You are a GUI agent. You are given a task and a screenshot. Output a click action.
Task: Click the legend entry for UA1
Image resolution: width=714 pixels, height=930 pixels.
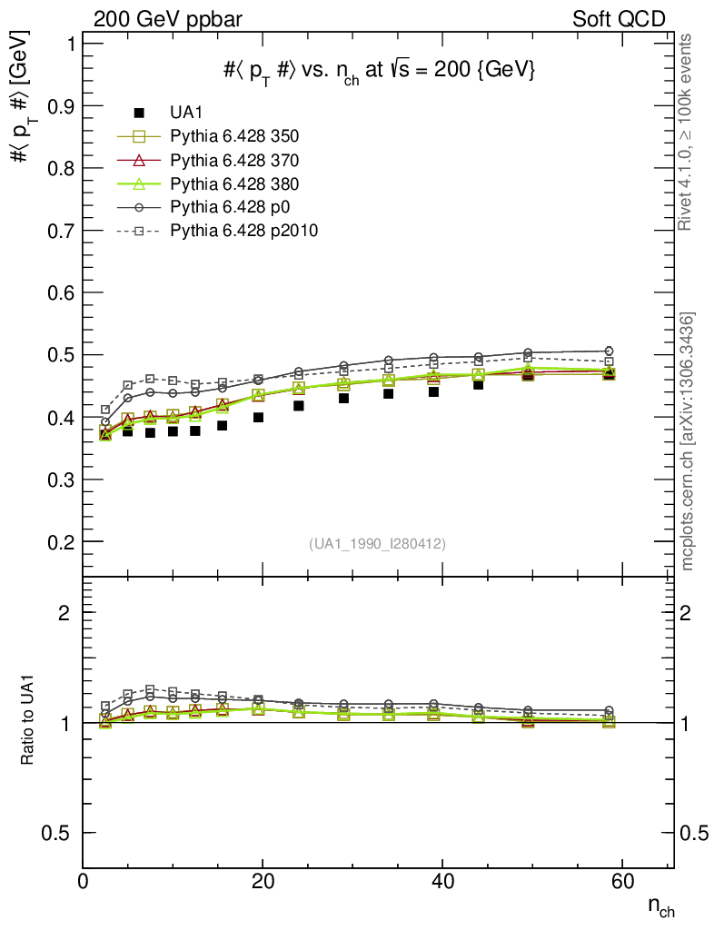coord(187,113)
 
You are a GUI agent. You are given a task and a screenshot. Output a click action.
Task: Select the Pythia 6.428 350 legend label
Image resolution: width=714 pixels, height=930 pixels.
coord(234,136)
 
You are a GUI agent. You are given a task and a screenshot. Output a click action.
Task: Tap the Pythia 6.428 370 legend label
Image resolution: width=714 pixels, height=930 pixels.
coord(234,160)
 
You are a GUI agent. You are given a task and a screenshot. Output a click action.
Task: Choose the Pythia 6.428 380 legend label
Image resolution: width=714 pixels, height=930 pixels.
coord(234,183)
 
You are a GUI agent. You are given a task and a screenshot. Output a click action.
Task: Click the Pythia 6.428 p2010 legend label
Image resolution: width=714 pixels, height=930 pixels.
coord(243,231)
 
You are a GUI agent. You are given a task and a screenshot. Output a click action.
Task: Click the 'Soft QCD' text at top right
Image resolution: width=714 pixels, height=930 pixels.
coord(618,19)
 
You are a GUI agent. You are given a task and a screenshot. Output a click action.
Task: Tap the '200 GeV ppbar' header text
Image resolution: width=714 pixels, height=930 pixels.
coord(168,19)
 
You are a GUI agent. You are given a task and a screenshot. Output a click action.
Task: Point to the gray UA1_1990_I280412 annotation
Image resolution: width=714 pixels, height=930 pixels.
coord(377,544)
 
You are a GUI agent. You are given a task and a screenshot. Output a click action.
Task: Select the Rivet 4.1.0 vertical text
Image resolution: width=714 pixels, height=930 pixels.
coord(688,132)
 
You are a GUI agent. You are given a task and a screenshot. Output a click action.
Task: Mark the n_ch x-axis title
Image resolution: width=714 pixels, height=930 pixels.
coord(660,906)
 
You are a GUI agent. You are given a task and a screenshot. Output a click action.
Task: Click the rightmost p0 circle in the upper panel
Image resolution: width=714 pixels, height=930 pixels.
coord(609,351)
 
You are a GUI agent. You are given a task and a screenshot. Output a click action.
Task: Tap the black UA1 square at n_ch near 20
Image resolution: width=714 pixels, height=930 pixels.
coord(258,418)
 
